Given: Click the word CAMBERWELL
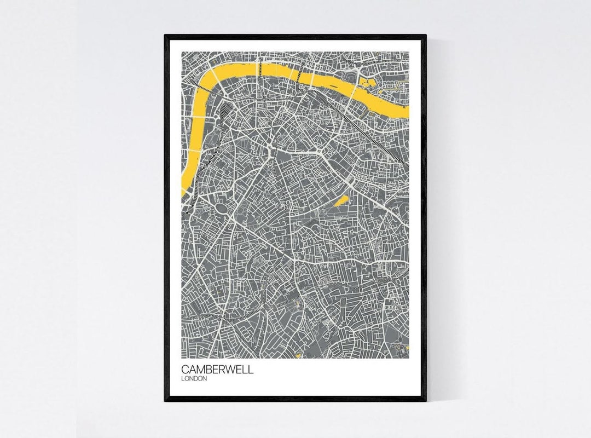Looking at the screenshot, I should point(217,370).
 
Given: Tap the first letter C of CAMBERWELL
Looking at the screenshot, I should point(185,370).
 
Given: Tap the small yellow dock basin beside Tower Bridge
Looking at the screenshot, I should point(367,84).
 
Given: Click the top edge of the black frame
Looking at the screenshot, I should point(295,37).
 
